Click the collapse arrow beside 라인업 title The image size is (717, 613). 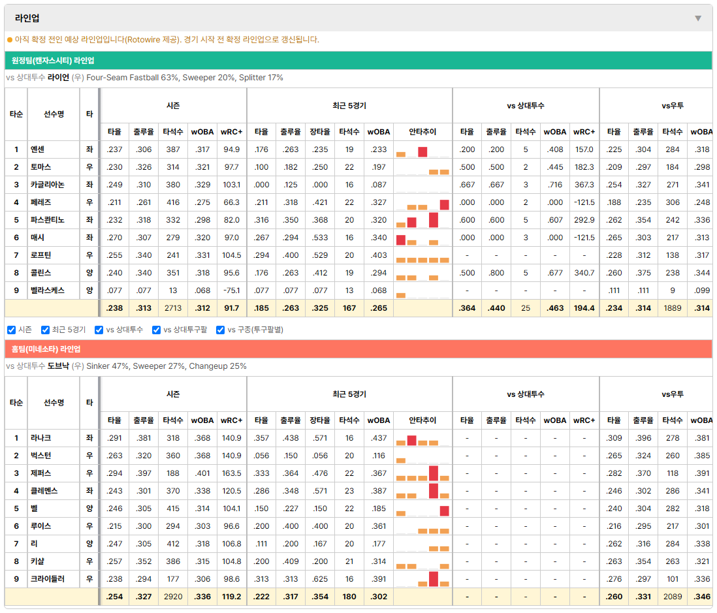coord(698,18)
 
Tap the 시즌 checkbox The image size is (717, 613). coord(12,330)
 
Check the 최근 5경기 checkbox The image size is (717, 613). coord(45,330)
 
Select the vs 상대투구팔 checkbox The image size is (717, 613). coord(156,330)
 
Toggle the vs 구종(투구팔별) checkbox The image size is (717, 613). coord(221,330)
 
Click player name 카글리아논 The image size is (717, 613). coord(48,185)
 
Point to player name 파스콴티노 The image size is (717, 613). coord(48,220)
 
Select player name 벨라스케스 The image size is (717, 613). coord(48,291)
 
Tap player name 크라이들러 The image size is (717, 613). coord(48,578)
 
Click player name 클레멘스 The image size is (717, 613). coord(44,491)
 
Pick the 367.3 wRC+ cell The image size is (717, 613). coord(584,185)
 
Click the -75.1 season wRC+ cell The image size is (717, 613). coord(231,291)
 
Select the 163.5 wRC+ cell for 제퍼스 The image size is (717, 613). coord(231,473)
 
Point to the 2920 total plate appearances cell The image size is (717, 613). coord(173,597)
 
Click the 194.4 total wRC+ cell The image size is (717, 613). coord(584,308)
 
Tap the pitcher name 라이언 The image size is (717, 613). coord(58,77)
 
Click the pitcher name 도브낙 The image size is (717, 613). coord(58,366)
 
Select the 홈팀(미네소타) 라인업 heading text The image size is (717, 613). coord(46,349)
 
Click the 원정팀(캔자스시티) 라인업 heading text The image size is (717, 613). coord(53,61)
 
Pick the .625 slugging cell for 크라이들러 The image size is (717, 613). coord(320,578)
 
